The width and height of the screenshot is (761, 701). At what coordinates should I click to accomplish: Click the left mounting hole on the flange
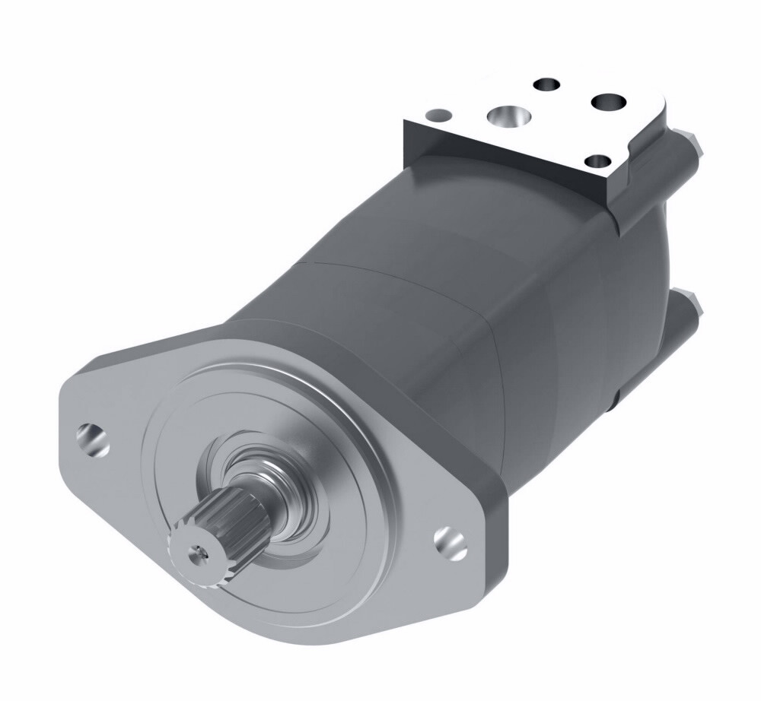pos(92,439)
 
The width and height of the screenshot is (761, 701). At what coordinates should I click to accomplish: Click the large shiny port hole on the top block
pos(506,116)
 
